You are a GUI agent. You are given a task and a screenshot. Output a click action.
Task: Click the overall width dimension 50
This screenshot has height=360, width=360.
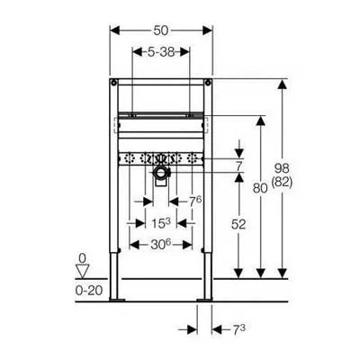pyautogui.click(x=161, y=31)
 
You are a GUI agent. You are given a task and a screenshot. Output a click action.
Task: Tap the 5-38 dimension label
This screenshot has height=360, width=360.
pyautogui.click(x=161, y=52)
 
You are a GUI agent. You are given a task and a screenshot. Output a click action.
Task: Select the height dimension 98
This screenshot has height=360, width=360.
pyautogui.click(x=282, y=168)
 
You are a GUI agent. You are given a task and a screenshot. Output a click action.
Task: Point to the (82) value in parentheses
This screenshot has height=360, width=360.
pyautogui.click(x=282, y=182)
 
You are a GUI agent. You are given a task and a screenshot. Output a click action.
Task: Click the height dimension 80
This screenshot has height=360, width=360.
pyautogui.click(x=260, y=188)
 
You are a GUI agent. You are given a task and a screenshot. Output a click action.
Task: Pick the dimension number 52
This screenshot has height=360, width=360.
pyautogui.click(x=238, y=224)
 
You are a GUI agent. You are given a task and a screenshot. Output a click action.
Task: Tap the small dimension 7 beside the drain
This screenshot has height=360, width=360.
pyautogui.click(x=238, y=166)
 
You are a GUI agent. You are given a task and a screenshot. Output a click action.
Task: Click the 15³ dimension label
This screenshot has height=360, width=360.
pyautogui.click(x=161, y=223)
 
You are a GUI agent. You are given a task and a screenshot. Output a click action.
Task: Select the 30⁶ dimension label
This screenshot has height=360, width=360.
pyautogui.click(x=161, y=245)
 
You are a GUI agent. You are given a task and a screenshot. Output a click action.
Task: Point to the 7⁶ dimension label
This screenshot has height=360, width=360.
pyautogui.click(x=195, y=202)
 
